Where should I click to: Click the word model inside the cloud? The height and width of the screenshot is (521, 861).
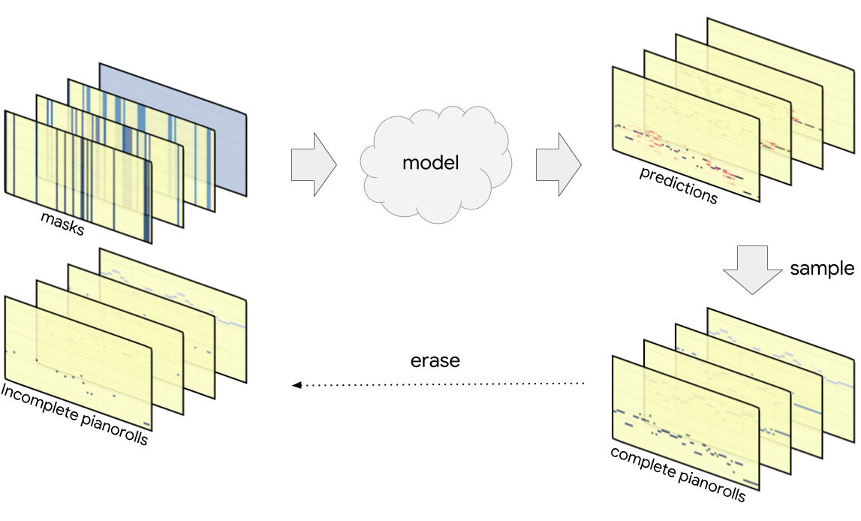coord(430,163)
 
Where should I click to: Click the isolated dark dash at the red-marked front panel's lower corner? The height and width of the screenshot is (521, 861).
coord(748,193)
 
